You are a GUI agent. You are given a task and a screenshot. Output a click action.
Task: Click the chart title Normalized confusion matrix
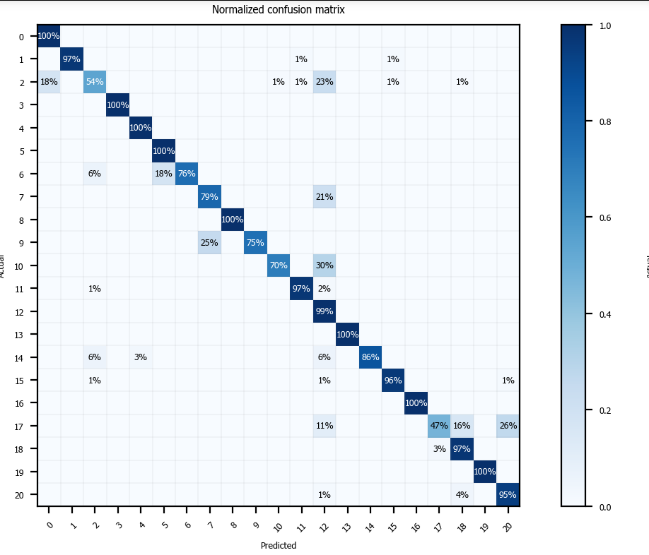[278, 10]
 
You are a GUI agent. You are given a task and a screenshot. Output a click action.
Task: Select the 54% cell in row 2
[95, 82]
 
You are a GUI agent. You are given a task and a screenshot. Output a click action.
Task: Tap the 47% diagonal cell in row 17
[439, 426]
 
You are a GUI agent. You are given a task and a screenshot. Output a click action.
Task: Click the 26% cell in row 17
[508, 426]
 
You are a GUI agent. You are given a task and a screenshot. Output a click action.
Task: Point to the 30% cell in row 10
[324, 265]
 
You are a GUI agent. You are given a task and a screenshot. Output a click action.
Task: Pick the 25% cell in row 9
[209, 243]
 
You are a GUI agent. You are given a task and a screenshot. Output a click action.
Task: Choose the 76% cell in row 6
[187, 174]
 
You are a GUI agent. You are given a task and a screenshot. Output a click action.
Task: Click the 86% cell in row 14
[370, 357]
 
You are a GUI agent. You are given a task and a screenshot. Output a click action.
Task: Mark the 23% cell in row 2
[324, 82]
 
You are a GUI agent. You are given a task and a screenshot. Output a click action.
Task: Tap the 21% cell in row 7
[324, 197]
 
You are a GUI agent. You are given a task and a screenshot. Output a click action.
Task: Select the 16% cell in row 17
[462, 426]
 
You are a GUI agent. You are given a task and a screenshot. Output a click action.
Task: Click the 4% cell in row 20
[462, 495]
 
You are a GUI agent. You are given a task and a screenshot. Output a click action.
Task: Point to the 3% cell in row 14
[141, 357]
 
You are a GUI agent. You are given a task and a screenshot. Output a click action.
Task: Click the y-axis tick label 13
[21, 335]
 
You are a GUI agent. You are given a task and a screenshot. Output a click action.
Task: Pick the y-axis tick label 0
[21, 37]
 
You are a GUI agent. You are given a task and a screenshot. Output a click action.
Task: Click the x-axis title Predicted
[278, 546]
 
